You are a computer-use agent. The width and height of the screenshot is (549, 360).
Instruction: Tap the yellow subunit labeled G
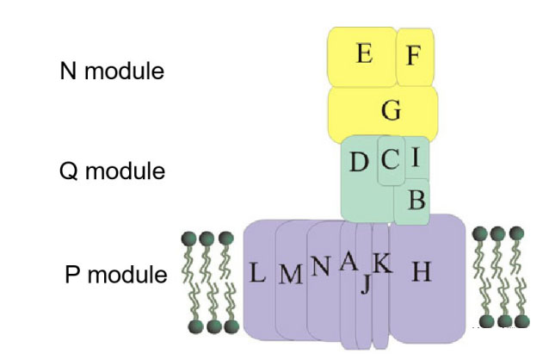tap(391, 109)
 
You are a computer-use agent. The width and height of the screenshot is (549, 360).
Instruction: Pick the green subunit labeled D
tap(359, 162)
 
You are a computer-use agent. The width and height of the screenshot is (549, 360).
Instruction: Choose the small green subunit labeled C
tap(390, 159)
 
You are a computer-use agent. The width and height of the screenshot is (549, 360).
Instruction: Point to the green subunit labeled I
tap(416, 157)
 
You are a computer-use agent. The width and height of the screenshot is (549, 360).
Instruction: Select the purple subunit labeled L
tap(257, 274)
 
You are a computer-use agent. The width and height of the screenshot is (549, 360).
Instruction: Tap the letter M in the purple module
tap(292, 275)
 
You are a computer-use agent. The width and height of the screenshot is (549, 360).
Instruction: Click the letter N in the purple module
tap(321, 267)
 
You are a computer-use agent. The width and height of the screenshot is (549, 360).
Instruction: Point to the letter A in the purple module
tap(348, 262)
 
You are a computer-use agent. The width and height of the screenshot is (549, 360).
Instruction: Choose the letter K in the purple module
tap(382, 264)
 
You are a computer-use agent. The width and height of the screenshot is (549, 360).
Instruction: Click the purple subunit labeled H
tap(421, 272)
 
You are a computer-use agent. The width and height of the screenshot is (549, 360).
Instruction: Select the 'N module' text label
tap(111, 71)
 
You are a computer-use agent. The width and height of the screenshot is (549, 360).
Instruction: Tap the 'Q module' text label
tap(112, 171)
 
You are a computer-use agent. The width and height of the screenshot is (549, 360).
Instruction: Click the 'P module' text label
tap(116, 276)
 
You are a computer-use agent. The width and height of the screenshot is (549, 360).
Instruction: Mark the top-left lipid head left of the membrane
tap(188, 239)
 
